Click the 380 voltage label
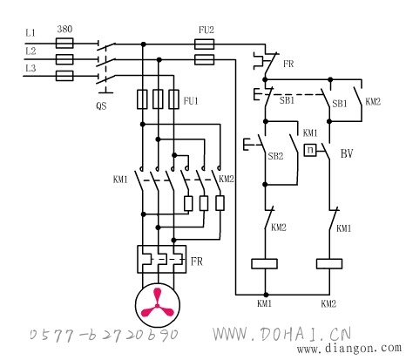64,29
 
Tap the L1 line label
30,33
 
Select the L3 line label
30,68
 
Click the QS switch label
101,105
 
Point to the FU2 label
206,30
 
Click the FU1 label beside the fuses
191,101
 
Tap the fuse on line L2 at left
64,59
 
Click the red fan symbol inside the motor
157,303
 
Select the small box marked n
310,150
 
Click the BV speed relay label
347,153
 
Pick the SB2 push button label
275,156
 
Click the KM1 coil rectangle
264,264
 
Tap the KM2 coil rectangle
329,264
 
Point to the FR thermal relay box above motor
162,259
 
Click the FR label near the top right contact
288,64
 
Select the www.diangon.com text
348,348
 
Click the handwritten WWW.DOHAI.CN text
282,334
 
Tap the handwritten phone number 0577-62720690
104,335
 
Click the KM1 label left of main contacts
120,180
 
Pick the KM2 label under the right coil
328,304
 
